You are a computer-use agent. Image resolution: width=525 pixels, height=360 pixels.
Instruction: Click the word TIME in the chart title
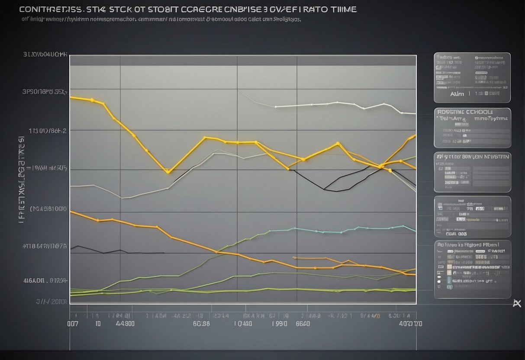tap(342, 9)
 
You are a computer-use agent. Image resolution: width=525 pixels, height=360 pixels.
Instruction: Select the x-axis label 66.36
tap(201, 323)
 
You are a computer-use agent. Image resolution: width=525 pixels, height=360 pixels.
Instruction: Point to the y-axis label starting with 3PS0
tap(45, 92)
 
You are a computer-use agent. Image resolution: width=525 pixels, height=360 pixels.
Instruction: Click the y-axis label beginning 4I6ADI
tap(45, 280)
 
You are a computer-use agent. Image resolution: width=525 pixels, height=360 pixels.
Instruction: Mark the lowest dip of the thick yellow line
tap(168, 172)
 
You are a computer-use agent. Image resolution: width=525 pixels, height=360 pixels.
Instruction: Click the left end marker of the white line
tap(276, 106)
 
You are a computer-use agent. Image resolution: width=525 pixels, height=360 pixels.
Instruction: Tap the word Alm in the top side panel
tap(457, 93)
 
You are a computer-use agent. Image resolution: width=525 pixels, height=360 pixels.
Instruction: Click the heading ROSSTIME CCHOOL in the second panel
tap(472, 111)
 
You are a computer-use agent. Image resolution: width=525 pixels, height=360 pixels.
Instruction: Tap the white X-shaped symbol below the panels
tap(516, 303)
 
